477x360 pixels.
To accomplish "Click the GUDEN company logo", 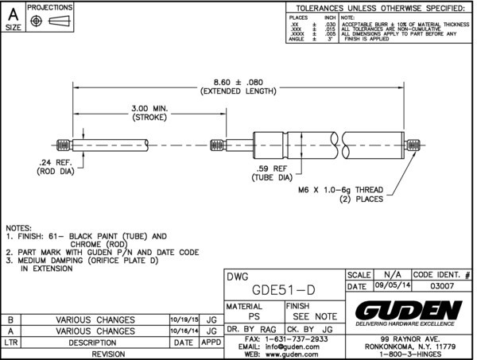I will pyautogui.click(x=409, y=309).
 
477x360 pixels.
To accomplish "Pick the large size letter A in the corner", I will pyautogui.click(x=13, y=13).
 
